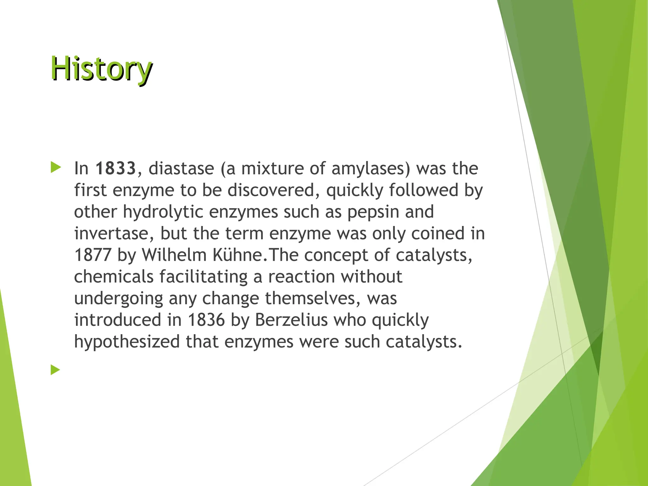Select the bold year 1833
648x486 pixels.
click(115, 168)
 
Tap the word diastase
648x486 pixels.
click(181, 168)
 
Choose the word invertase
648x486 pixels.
click(111, 234)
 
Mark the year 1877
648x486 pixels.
click(93, 255)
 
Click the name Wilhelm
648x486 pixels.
click(174, 255)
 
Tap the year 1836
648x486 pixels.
click(206, 320)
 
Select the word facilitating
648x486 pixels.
click(203, 277)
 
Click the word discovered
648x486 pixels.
click(271, 190)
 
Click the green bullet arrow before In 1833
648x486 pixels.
click(56, 167)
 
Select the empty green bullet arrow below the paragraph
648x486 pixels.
click(55, 370)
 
